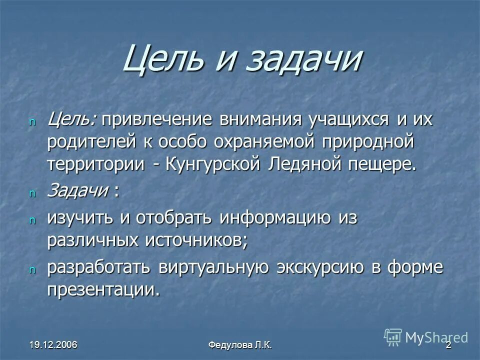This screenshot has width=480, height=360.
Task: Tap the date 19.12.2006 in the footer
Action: coord(55,345)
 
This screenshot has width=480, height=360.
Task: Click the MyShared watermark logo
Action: coord(425,337)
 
